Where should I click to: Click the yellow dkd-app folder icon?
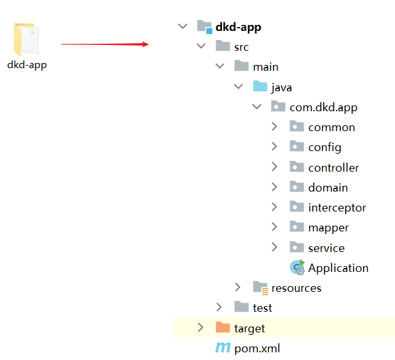(26, 39)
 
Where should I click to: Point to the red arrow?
(105, 44)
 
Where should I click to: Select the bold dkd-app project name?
(238, 27)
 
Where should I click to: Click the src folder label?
(241, 47)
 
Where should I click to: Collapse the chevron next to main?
(219, 66)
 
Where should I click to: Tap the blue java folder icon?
(260, 86)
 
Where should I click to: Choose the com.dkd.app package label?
(324, 107)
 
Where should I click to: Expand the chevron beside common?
(274, 127)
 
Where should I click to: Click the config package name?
(325, 147)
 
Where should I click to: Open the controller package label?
(333, 168)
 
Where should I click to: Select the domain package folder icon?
(297, 186)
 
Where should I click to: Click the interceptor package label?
(337, 208)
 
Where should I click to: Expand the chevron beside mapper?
(274, 226)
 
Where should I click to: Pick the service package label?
(326, 248)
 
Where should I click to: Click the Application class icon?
(297, 267)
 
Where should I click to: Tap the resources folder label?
(297, 288)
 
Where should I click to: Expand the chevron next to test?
(219, 307)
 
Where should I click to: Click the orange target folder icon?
(223, 327)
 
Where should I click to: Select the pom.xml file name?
(257, 348)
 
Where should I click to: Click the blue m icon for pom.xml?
(223, 347)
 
